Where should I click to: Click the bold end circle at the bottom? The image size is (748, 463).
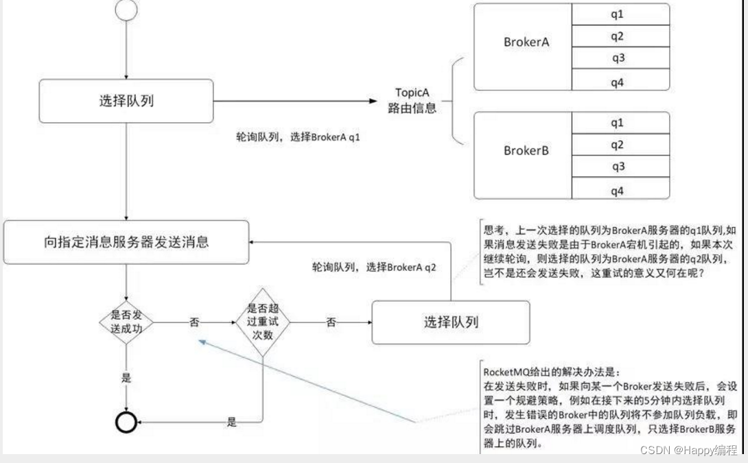pyautogui.click(x=126, y=423)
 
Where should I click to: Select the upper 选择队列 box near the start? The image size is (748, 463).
pyautogui.click(x=126, y=101)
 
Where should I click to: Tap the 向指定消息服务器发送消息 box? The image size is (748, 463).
pyautogui.click(x=126, y=241)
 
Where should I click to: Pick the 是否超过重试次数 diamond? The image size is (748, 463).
pyautogui.click(x=264, y=322)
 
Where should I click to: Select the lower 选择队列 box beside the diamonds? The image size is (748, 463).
pyautogui.click(x=450, y=322)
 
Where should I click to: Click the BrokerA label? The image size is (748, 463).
pyautogui.click(x=526, y=42)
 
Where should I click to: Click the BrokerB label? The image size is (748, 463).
pyautogui.click(x=526, y=150)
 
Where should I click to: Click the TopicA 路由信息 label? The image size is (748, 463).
pyautogui.click(x=412, y=100)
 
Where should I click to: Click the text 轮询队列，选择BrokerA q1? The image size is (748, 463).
pyautogui.click(x=298, y=137)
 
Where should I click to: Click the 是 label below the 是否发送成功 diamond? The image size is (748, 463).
pyautogui.click(x=126, y=378)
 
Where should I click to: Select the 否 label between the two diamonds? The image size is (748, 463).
pyautogui.click(x=194, y=322)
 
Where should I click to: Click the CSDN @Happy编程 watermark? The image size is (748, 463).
pyautogui.click(x=688, y=450)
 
